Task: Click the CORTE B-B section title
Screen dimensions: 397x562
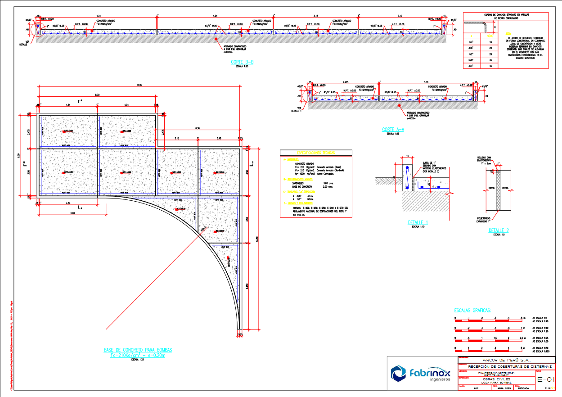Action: tap(243, 62)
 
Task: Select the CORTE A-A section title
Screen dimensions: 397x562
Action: tap(393, 130)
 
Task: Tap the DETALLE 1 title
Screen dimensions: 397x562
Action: tap(418, 223)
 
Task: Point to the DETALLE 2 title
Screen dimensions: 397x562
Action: tap(499, 230)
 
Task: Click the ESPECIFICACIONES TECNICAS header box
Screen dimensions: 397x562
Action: tap(316, 153)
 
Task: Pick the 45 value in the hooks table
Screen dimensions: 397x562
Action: tap(490, 66)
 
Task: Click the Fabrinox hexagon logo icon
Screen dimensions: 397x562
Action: tap(398, 373)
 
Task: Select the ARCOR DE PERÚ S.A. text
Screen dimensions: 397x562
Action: tap(507, 360)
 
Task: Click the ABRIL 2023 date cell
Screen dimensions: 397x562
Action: tap(503, 388)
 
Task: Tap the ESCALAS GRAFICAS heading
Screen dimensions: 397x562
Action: tap(473, 311)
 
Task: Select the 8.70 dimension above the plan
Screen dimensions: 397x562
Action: tap(97, 95)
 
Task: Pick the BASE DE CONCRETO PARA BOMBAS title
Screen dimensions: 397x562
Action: tap(138, 350)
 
